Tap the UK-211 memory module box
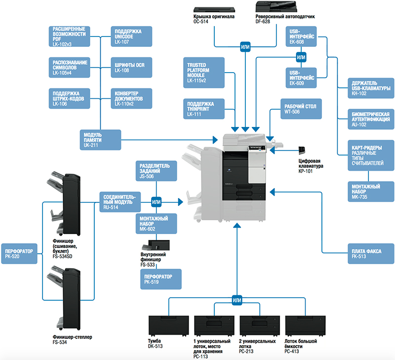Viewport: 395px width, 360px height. (101, 140)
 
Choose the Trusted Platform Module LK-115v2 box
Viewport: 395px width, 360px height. (203, 70)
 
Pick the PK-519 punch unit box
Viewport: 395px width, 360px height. (160, 279)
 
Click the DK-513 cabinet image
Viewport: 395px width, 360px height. (169, 325)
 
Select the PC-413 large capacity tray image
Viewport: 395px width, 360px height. (306, 325)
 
